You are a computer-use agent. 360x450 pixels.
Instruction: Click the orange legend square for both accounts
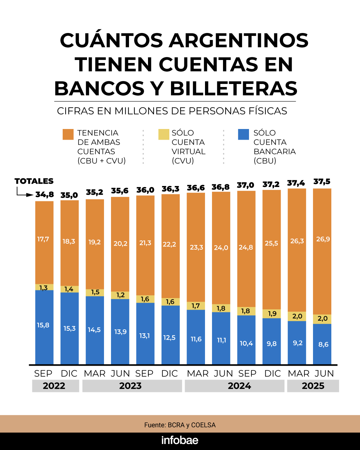68,134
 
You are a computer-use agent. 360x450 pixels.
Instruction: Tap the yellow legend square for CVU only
164,134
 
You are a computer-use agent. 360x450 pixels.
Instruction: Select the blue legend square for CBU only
243,134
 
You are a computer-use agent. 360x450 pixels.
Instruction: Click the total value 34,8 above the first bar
45,194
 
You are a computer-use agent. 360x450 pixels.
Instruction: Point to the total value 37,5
322,182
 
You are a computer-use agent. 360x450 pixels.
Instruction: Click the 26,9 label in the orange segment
323,239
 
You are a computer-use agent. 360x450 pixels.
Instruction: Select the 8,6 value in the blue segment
323,344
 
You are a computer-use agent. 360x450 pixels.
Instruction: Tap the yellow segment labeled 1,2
120,295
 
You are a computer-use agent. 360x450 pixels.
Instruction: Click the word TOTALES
34,181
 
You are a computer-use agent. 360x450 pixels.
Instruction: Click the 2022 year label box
55,386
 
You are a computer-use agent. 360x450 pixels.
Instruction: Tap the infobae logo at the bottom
180,440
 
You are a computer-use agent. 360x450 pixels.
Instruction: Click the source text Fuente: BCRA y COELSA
180,425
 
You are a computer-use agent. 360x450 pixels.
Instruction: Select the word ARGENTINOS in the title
238,40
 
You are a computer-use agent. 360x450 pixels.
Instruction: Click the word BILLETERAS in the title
233,89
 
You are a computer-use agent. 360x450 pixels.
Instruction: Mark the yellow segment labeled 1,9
272,314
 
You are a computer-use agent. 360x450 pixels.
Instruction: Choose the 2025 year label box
313,386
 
